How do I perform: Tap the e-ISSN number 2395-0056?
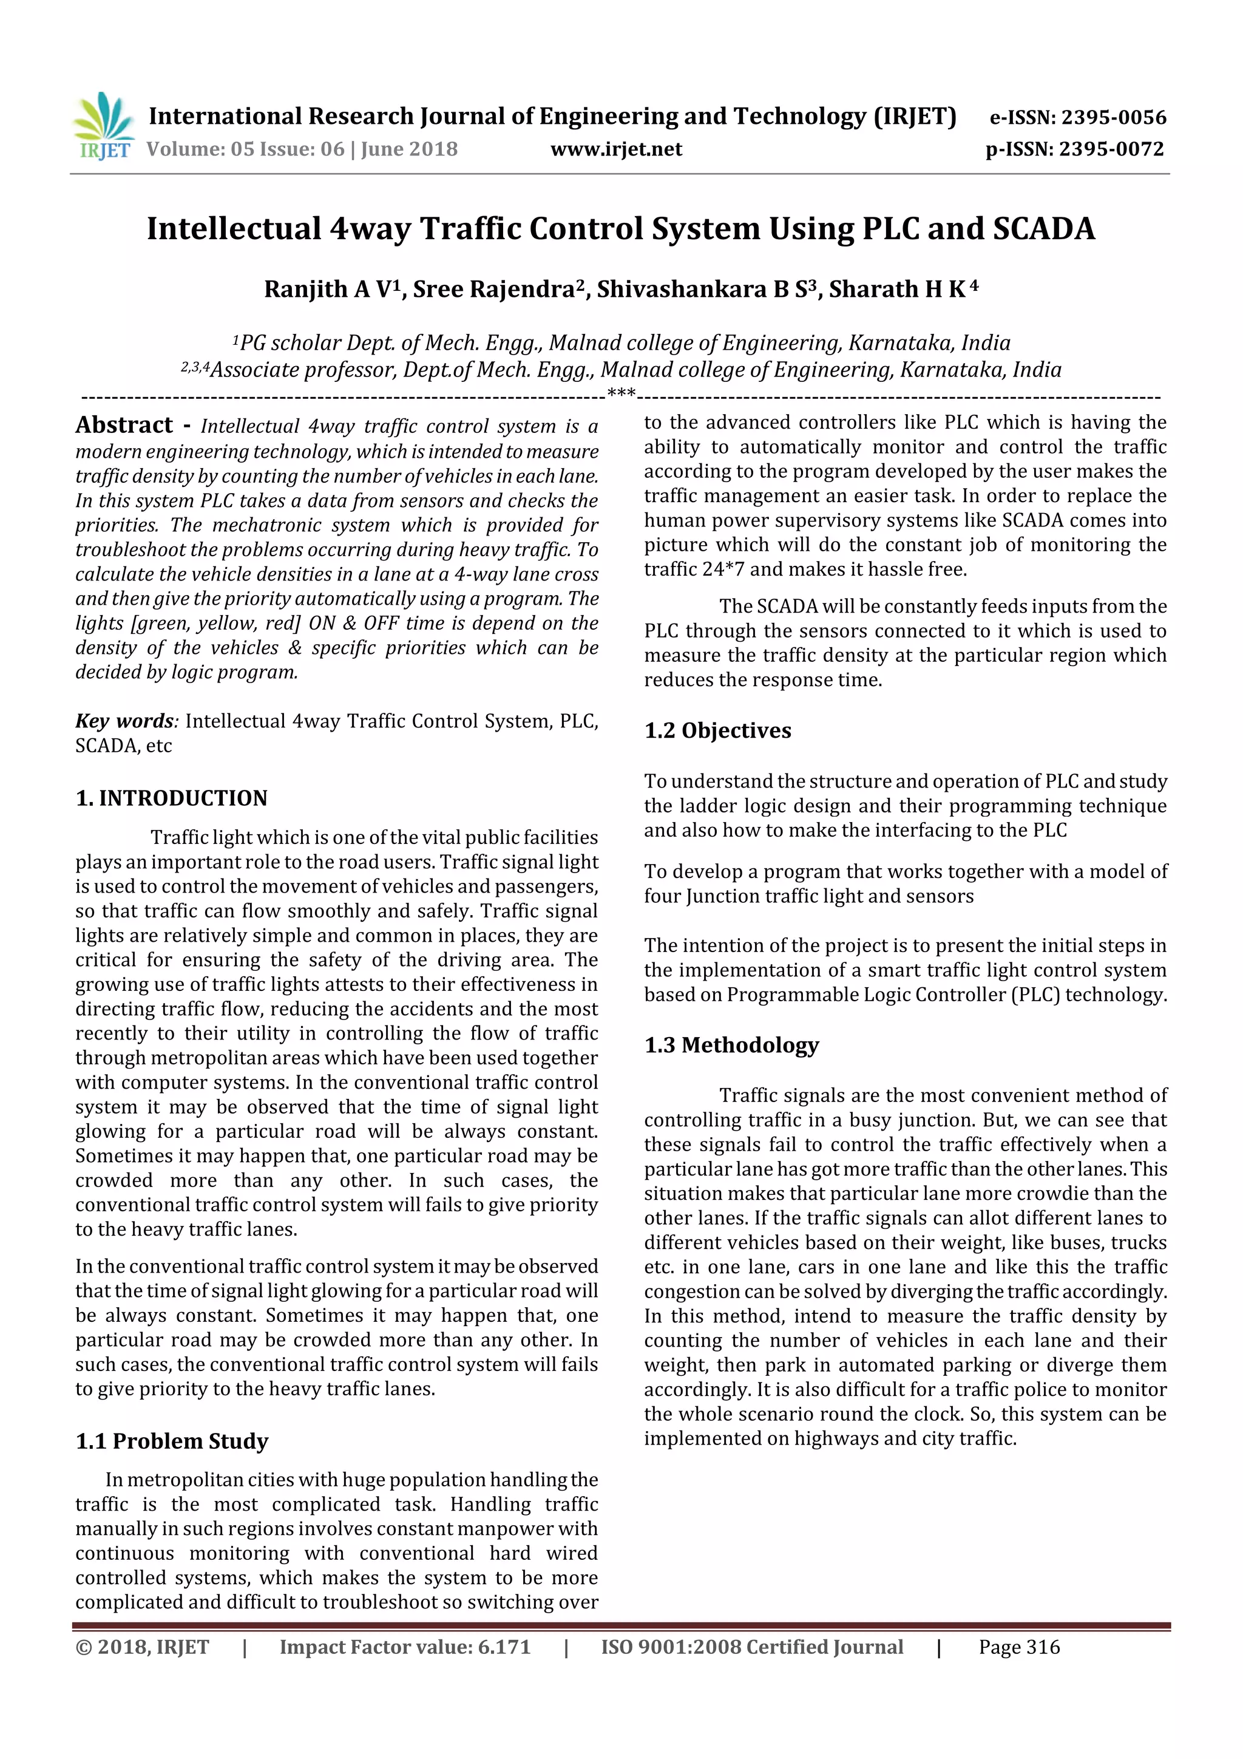point(1113,118)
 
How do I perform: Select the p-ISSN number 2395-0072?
point(1111,149)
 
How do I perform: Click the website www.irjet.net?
point(616,149)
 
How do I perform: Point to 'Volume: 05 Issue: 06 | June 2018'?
point(302,149)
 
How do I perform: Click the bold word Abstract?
point(124,425)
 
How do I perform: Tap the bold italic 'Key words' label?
point(125,721)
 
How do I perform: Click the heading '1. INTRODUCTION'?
point(172,798)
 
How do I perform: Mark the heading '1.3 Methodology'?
point(731,1045)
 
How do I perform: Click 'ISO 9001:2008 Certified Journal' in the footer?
point(751,1647)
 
